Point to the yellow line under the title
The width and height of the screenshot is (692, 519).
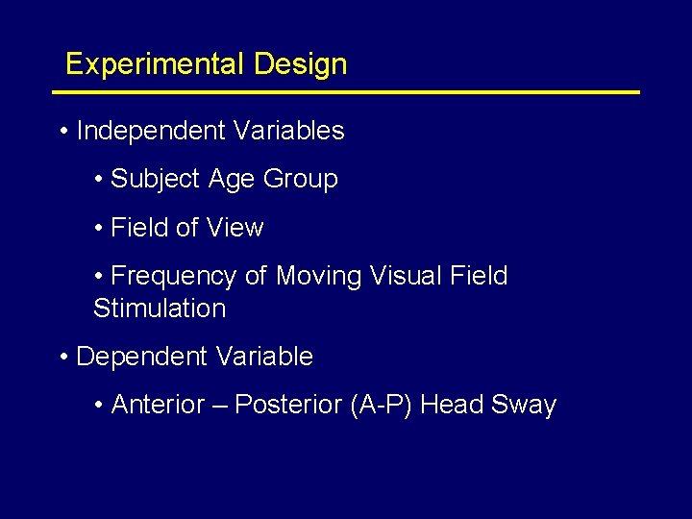coord(346,92)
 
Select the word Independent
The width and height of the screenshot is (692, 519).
coord(147,131)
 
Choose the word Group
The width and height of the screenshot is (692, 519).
coord(301,180)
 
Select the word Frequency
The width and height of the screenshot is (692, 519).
coord(174,277)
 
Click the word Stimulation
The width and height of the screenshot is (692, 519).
coord(160,309)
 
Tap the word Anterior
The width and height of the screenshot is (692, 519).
coord(157,405)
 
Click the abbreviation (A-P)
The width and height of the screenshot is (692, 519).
coord(383,405)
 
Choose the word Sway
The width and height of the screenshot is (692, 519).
coord(524,406)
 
